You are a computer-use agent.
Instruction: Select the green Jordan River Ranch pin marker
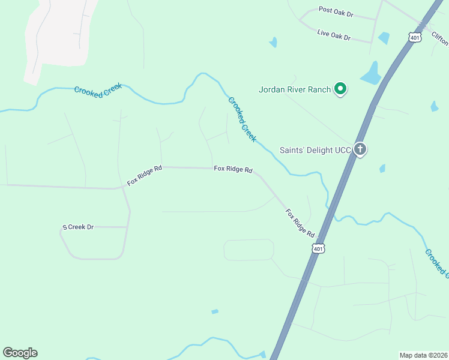(340, 89)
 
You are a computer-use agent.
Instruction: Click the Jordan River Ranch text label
(295, 90)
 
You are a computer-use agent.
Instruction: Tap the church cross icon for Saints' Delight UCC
(360, 149)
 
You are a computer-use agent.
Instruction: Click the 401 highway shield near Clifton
(414, 37)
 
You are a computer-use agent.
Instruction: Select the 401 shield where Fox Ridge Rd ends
(318, 248)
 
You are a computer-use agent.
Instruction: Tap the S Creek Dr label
(79, 227)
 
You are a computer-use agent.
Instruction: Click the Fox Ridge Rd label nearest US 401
(300, 222)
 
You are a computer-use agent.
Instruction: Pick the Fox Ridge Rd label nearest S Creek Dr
(145, 175)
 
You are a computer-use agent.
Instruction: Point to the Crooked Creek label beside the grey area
(98, 88)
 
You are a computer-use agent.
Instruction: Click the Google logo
(20, 353)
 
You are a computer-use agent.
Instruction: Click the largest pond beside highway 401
(371, 75)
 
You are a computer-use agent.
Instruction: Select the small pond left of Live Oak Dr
(274, 43)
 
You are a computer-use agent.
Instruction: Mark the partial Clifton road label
(440, 38)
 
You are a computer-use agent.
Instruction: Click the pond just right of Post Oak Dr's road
(384, 38)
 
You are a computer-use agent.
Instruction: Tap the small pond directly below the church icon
(382, 169)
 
